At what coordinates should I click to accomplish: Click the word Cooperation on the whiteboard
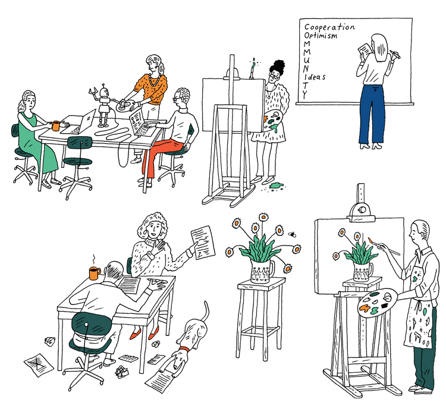pos(329,27)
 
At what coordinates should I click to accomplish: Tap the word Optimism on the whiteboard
pos(321,36)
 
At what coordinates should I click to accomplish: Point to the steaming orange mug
pos(94,273)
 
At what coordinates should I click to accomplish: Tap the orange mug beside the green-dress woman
pos(55,125)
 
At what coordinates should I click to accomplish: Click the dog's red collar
pos(185,348)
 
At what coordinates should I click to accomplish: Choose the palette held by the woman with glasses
pos(272,118)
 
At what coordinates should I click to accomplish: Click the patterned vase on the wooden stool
pos(261,270)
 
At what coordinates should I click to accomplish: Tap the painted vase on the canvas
pos(362,270)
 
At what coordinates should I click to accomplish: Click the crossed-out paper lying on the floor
pos(37,362)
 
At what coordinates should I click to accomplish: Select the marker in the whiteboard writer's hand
pos(395,55)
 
